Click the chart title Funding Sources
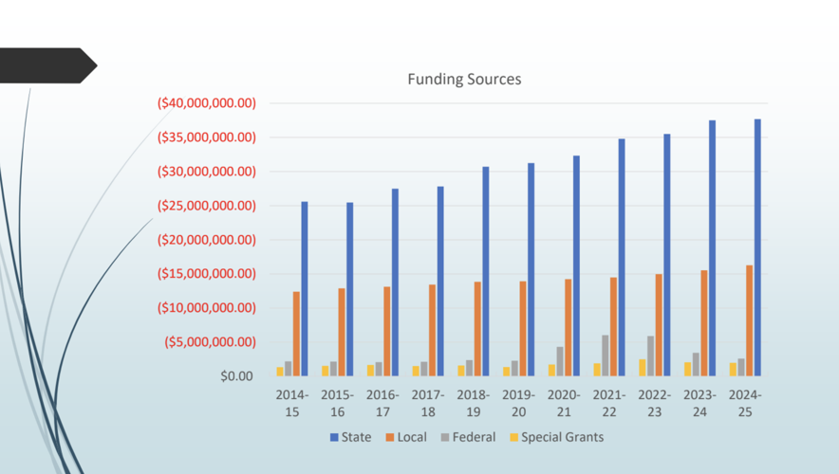point(464,80)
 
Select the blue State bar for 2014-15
point(305,289)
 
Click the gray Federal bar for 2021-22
point(606,355)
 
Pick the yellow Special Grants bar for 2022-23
point(643,368)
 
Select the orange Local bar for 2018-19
point(477,329)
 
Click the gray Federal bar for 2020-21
point(560,361)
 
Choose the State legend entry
point(351,437)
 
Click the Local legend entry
point(405,437)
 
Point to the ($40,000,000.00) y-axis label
point(207,103)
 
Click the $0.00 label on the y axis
point(236,376)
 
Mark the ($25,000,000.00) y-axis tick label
point(207,206)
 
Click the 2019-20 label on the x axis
point(518,403)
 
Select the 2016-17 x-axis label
point(382,403)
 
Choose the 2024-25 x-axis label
point(745,403)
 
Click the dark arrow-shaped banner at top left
point(47,65)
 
